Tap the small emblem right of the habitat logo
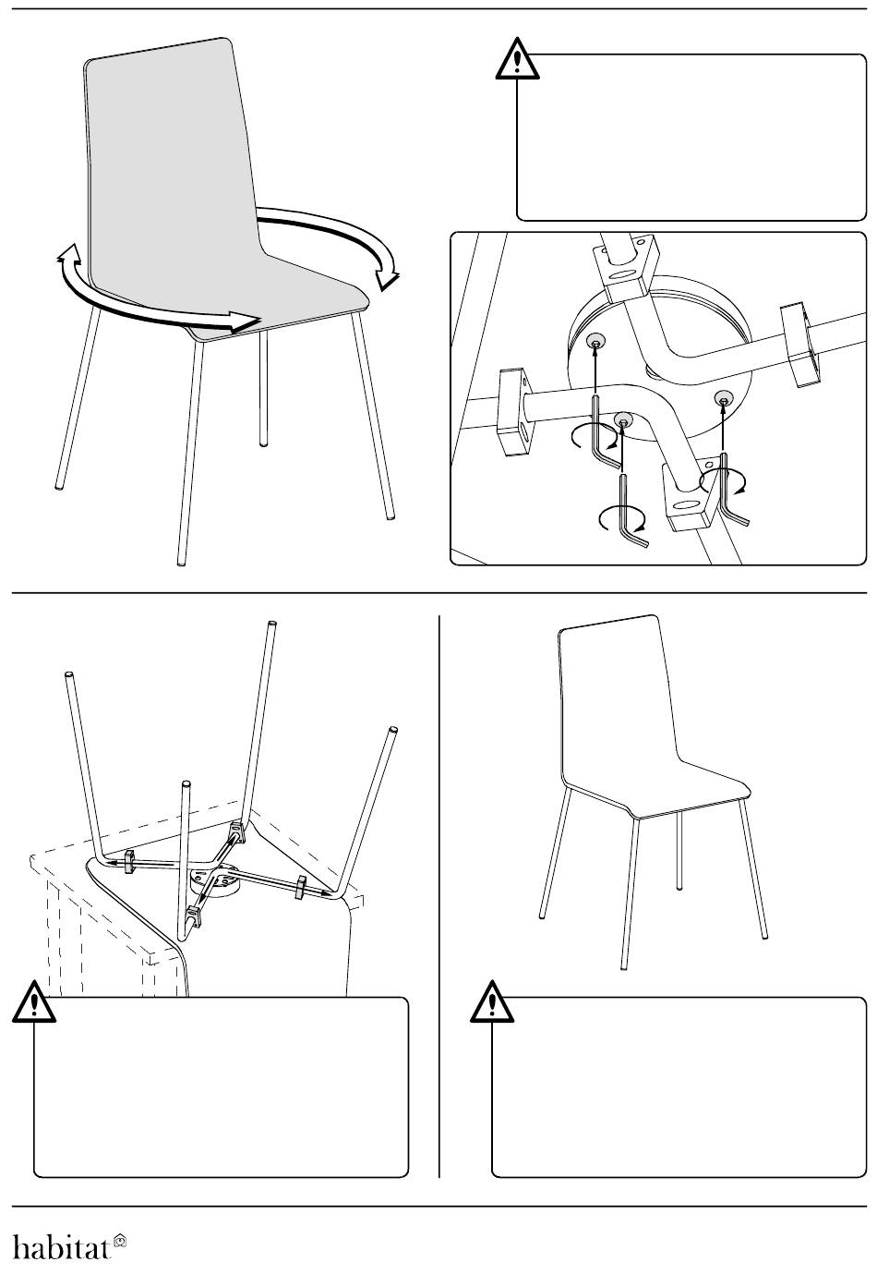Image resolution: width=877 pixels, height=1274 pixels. pyautogui.click(x=119, y=1239)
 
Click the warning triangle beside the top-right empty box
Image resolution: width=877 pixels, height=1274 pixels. pyautogui.click(x=517, y=58)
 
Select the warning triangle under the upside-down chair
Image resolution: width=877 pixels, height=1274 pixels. pyautogui.click(x=34, y=1001)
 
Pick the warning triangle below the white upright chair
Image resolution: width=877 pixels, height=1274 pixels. pyautogui.click(x=492, y=1001)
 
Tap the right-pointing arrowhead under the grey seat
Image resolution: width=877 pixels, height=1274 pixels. pyautogui.click(x=246, y=321)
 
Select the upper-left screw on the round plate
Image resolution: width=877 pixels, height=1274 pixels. pyautogui.click(x=595, y=342)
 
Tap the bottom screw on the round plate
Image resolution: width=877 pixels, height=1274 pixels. pyautogui.click(x=623, y=420)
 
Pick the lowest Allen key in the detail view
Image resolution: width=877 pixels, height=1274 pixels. pyautogui.click(x=630, y=511)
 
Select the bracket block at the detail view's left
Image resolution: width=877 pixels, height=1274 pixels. pyautogui.click(x=515, y=411)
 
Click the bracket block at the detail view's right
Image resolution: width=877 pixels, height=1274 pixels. pyautogui.click(x=802, y=344)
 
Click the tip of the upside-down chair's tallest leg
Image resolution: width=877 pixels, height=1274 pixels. pyautogui.click(x=272, y=624)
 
